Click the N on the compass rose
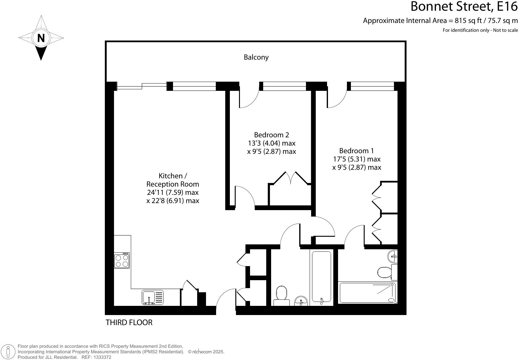point(41,38)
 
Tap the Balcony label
point(256,57)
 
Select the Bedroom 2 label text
point(271,135)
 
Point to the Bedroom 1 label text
point(356,151)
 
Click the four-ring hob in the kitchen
point(122,261)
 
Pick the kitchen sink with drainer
point(153,298)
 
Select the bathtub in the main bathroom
point(322,277)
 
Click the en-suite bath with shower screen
point(367,293)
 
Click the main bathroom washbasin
point(301,301)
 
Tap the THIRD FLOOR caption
point(129,322)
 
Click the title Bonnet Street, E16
point(464,7)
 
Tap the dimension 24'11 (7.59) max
point(173,192)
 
